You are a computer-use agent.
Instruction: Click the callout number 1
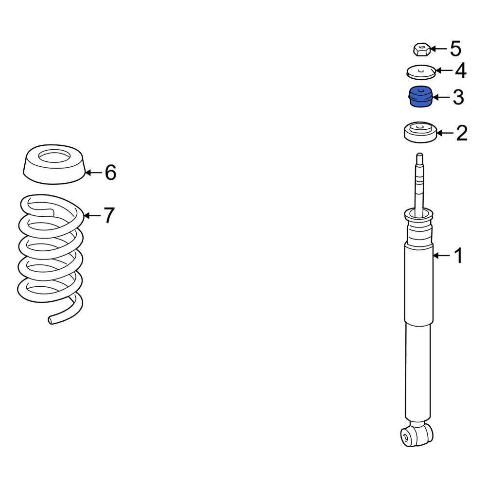(457, 256)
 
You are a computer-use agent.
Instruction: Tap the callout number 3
(458, 97)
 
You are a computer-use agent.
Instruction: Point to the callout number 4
(460, 71)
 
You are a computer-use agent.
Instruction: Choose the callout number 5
(455, 49)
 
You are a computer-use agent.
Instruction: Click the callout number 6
(111, 172)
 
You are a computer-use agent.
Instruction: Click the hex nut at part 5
(421, 49)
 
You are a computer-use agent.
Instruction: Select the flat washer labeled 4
(420, 72)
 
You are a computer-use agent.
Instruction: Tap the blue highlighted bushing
(419, 96)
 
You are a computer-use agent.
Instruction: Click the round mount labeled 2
(419, 133)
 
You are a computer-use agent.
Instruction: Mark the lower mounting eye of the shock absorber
(416, 434)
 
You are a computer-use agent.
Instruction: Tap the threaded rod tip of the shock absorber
(419, 158)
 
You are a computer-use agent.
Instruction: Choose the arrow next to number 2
(444, 133)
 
